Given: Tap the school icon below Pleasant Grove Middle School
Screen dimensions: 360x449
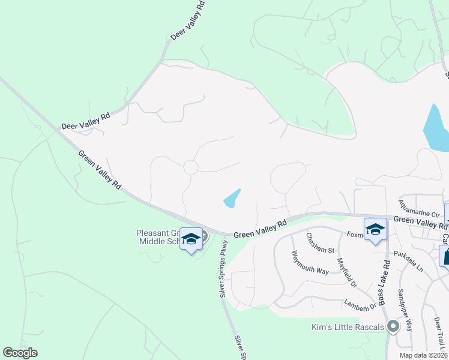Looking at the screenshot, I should pyautogui.click(x=191, y=240).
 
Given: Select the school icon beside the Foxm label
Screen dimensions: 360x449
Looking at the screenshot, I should pyautogui.click(x=376, y=230).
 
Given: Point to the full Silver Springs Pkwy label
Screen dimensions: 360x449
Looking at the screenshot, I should pyautogui.click(x=223, y=269).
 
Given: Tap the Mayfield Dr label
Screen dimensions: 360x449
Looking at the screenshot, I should pyautogui.click(x=347, y=271).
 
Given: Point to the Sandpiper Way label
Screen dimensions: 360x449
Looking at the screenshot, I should pyautogui.click(x=405, y=310).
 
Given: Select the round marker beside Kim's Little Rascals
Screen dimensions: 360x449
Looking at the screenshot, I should pyautogui.click(x=393, y=327).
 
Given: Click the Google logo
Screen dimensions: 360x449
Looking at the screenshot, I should pyautogui.click(x=20, y=353).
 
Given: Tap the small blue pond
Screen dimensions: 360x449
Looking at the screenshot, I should pyautogui.click(x=232, y=199).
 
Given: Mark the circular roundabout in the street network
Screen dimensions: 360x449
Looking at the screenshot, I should pyautogui.click(x=191, y=167).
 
